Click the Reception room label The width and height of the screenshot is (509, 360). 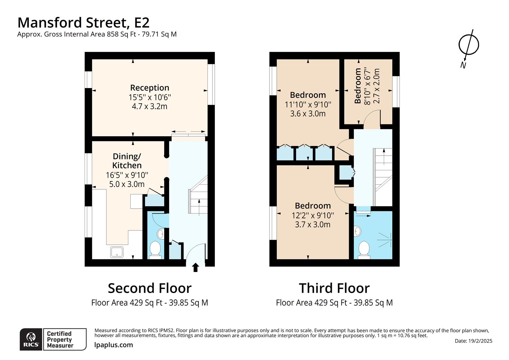click(150, 88)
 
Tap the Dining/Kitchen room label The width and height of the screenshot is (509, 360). click(127, 161)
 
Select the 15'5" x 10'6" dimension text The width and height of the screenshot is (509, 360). click(150, 97)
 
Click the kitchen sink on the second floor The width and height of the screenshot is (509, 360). click(117, 252)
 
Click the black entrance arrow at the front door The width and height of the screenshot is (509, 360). click(196, 267)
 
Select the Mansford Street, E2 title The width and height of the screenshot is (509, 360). click(83, 23)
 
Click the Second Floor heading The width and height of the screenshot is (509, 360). click(150, 288)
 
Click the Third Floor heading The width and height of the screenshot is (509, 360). click(334, 288)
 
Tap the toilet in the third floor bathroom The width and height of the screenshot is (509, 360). click(364, 250)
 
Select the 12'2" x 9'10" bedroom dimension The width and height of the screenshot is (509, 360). click(312, 215)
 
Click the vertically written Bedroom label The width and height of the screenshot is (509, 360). click(358, 86)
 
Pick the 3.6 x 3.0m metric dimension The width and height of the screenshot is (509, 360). click(308, 114)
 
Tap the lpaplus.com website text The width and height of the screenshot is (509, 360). click(114, 345)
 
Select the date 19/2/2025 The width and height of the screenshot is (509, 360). click(473, 341)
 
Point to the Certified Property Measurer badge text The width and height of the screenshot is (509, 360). click(60, 339)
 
